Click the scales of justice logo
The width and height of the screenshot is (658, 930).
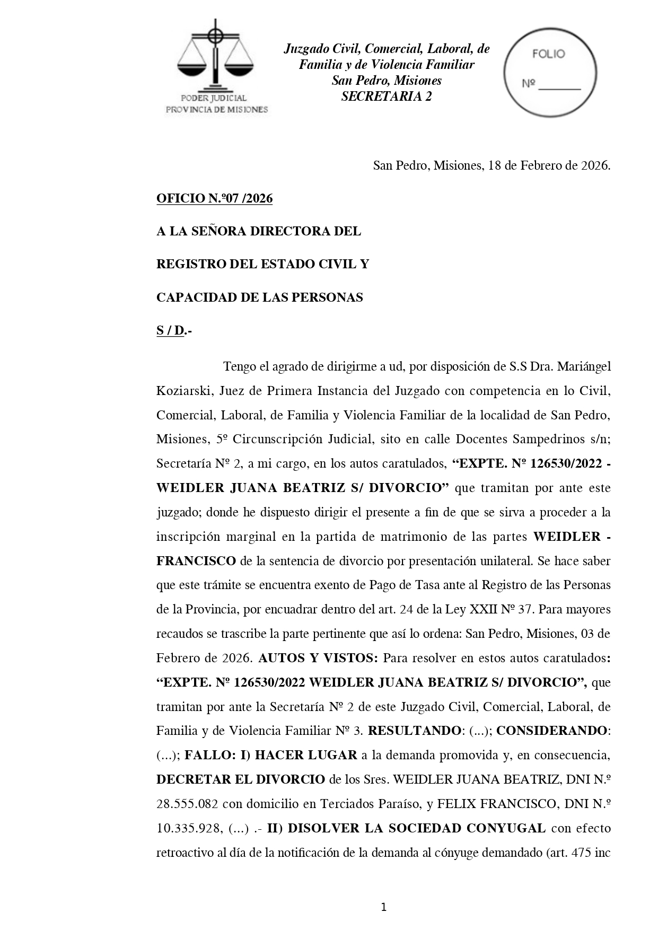[x=215, y=56]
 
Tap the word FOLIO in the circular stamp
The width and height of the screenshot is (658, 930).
[x=548, y=54]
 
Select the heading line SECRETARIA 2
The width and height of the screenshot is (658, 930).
[x=386, y=96]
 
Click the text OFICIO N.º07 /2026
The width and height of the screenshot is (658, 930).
[x=214, y=199]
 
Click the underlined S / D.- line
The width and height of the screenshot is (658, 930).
[x=174, y=331]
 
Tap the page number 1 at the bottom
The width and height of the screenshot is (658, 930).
[x=383, y=907]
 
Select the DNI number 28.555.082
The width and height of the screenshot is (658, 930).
[x=187, y=804]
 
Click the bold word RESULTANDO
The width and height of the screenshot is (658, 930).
[x=414, y=731]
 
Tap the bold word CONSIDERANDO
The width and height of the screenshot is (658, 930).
[x=551, y=731]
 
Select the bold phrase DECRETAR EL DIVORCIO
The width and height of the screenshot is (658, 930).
[x=241, y=779]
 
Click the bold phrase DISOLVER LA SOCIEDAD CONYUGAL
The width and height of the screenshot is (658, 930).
[x=416, y=828]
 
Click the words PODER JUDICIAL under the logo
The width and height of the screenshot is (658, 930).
[x=214, y=98]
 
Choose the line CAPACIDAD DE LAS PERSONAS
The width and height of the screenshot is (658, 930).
[x=259, y=297]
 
